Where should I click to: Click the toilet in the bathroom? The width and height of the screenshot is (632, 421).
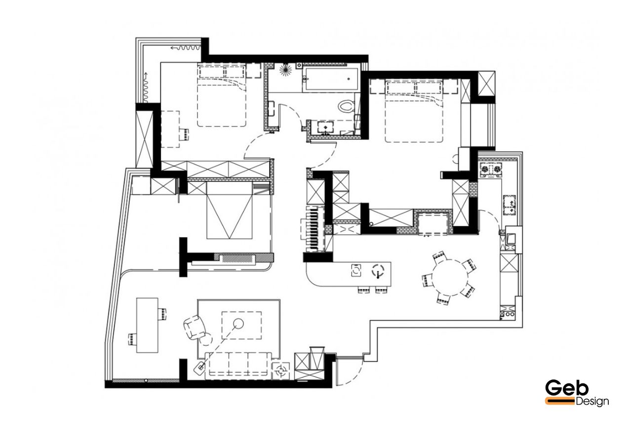[x=346, y=106]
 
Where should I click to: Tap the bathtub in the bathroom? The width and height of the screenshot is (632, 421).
[x=330, y=79]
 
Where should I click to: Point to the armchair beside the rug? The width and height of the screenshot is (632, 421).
[x=194, y=327]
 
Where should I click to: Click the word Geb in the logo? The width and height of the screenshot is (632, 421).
[x=567, y=388]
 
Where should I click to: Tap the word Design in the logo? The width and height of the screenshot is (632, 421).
[x=592, y=401]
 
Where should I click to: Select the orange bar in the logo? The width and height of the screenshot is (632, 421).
[x=560, y=401]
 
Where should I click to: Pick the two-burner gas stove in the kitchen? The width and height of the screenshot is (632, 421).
[x=491, y=169]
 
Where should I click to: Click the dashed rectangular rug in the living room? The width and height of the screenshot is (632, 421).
[x=241, y=325]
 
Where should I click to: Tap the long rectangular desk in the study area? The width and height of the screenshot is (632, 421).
[x=147, y=325]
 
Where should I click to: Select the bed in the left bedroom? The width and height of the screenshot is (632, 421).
[x=222, y=95]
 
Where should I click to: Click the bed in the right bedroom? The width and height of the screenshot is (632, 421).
[x=414, y=111]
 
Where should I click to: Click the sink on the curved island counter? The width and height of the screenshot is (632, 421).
[x=356, y=270]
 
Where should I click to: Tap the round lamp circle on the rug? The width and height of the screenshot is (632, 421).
[x=238, y=323]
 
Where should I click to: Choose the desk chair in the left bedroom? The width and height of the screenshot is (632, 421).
[x=184, y=134]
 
